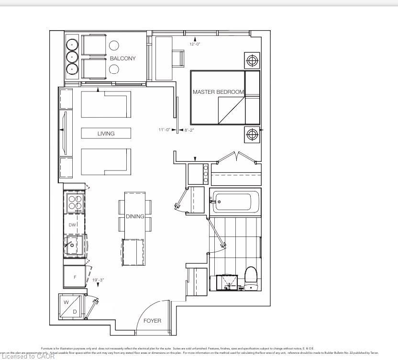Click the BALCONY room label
pyautogui.click(x=122, y=58)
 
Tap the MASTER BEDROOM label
pyautogui.click(x=218, y=92)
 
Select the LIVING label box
pyautogui.click(x=106, y=133)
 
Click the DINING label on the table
pyautogui.click(x=135, y=216)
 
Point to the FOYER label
pyautogui.click(x=152, y=320)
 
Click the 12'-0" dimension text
pyautogui.click(x=195, y=44)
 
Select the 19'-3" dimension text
pyautogui.click(x=98, y=280)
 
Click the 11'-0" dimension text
pyautogui.click(x=165, y=130)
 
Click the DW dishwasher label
pyautogui.click(x=72, y=225)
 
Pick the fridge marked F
pyautogui.click(x=75, y=277)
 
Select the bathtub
pyautogui.click(x=236, y=202)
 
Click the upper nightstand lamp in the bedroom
pyautogui.click(x=252, y=61)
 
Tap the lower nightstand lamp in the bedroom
pyautogui.click(x=252, y=135)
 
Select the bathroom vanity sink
pyautogui.click(x=229, y=282)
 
